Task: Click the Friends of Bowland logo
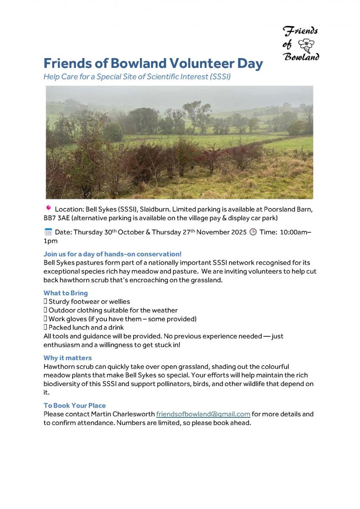coord(300,43)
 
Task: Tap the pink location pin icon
coord(48,208)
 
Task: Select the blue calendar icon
coord(48,232)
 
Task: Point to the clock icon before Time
coord(253,232)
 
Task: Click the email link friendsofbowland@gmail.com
coord(203,414)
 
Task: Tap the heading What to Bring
coord(66,293)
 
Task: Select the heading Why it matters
coord(67,358)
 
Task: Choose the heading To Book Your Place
coord(75,405)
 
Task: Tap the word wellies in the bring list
coord(119,302)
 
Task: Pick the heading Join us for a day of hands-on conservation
coord(112,254)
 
